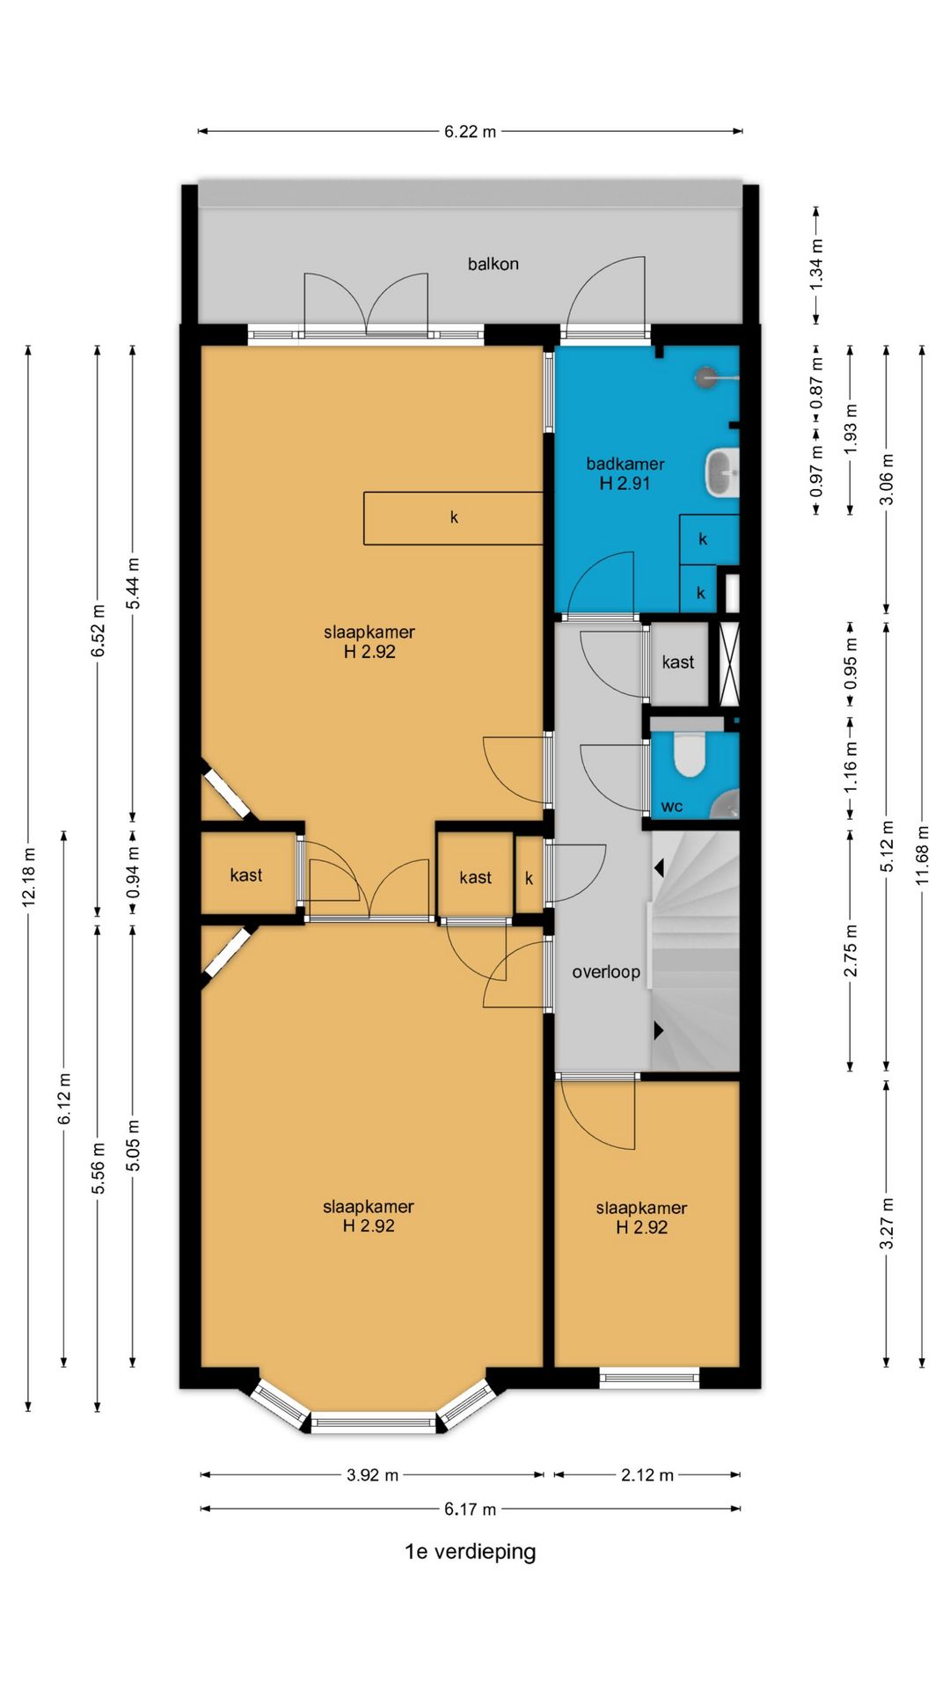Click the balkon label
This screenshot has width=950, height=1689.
[x=493, y=264]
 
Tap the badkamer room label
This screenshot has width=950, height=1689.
[x=625, y=464]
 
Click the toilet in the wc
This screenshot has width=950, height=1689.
[x=690, y=756]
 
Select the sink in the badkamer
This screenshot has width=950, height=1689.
[x=722, y=472]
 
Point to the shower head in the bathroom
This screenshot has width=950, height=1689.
[x=705, y=377]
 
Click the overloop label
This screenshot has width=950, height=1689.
[x=606, y=972]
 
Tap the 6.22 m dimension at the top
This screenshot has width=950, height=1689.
[x=470, y=132]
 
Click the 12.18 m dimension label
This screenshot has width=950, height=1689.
[x=29, y=877]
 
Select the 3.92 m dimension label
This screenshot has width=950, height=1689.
[x=372, y=1475]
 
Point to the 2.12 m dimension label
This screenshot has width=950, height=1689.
[x=647, y=1475]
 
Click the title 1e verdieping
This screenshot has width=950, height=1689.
[x=470, y=1551]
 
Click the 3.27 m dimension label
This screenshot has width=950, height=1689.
[x=887, y=1223]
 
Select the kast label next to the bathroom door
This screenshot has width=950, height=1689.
[x=678, y=662]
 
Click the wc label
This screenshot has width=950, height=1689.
[x=672, y=807]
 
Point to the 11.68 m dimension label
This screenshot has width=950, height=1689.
[x=922, y=854]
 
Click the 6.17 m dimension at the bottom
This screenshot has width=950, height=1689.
[x=470, y=1510]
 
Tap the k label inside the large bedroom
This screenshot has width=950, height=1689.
[x=454, y=517]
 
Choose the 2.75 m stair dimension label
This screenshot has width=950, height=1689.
[x=851, y=951]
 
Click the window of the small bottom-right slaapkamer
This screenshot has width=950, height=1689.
[x=649, y=1378]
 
